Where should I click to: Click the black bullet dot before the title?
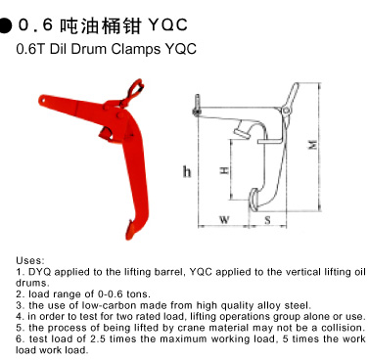(x=5, y=25)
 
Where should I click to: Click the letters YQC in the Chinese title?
(x=167, y=24)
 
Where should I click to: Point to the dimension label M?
(x=313, y=144)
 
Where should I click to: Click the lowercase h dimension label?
(x=187, y=171)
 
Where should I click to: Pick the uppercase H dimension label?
(x=224, y=170)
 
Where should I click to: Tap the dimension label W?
(x=224, y=219)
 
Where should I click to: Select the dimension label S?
(x=267, y=220)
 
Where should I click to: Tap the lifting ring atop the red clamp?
(x=134, y=89)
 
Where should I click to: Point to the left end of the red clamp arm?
(x=42, y=99)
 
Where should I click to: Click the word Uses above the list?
(x=29, y=260)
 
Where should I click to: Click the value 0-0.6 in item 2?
(x=111, y=294)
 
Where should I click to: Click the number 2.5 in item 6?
(x=98, y=338)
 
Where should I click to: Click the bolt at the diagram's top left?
(x=197, y=105)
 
